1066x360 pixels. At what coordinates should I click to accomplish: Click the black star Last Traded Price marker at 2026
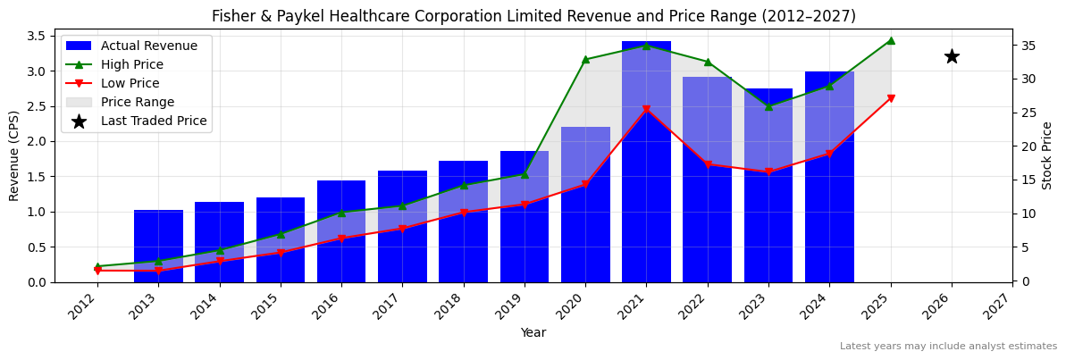(x=952, y=56)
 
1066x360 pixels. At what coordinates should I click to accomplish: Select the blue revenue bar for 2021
(x=646, y=161)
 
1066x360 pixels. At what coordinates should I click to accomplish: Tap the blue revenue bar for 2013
(x=158, y=246)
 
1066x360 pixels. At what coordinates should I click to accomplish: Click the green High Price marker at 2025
(x=891, y=40)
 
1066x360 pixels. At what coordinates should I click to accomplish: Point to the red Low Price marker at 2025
(x=891, y=98)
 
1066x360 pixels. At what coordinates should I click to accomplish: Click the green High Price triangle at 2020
(x=585, y=60)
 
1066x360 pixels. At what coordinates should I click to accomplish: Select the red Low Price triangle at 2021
(x=646, y=110)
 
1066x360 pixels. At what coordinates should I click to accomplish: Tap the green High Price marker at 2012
(x=97, y=266)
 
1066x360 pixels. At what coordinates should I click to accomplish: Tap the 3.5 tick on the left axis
(x=37, y=36)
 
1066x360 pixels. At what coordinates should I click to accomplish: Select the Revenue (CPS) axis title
(x=14, y=155)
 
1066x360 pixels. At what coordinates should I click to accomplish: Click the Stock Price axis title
(x=1047, y=155)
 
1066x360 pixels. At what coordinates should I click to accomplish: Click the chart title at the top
(x=533, y=16)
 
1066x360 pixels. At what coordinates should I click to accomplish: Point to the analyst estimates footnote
(x=948, y=347)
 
